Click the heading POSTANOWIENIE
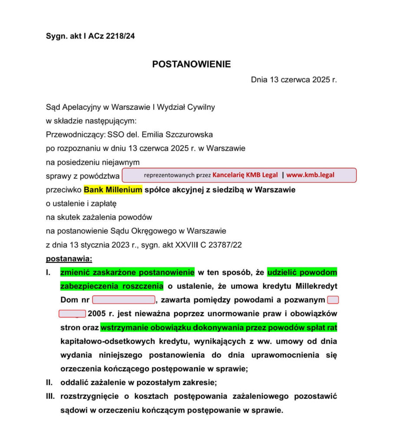coord(192,65)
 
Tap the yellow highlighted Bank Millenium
coord(113,190)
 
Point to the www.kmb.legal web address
coord(310,175)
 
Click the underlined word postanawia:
coord(69,259)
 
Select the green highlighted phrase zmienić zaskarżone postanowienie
coord(127,272)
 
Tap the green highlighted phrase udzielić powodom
coord(302,272)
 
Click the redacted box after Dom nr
coord(124,300)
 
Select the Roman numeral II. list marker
coord(50,382)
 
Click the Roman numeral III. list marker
coord(51,396)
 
